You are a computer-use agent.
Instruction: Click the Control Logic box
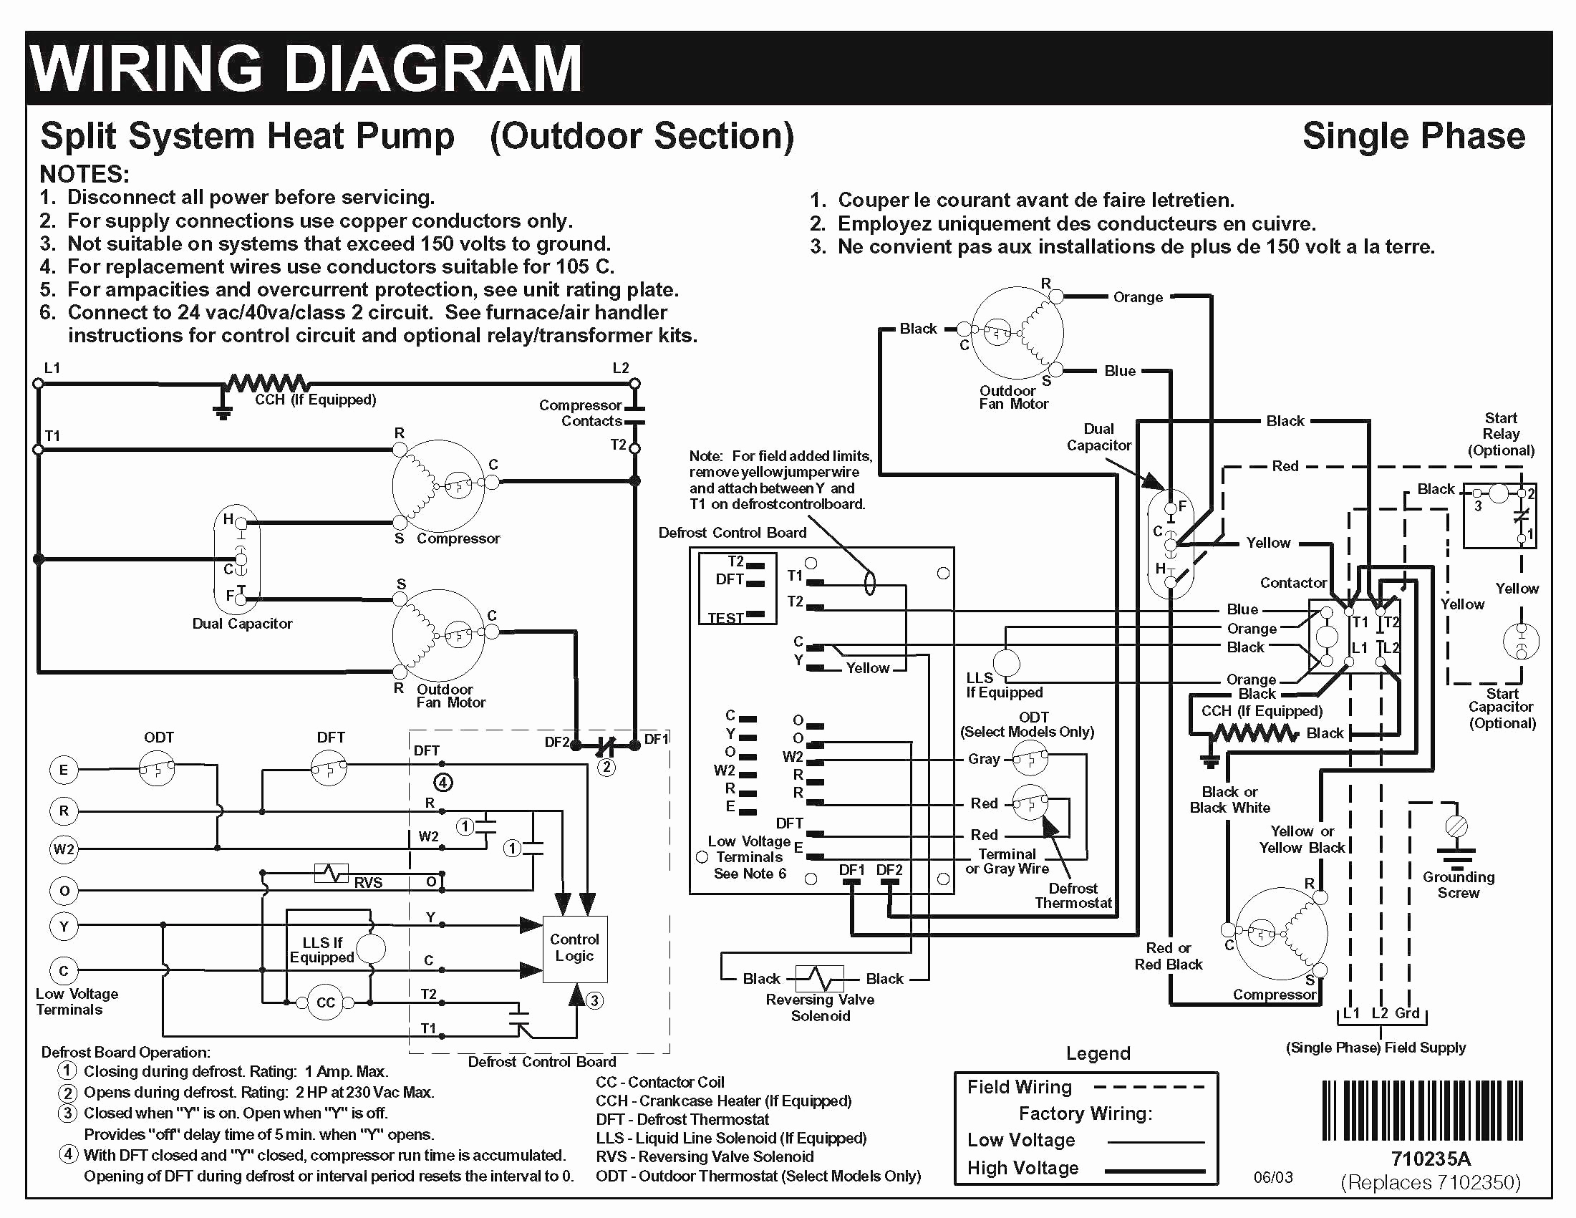point(574,949)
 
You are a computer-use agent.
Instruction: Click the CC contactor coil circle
point(326,1002)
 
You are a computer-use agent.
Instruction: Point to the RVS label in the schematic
point(368,882)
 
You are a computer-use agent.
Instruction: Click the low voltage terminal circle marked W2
point(64,849)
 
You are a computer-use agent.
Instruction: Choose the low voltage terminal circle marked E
point(64,770)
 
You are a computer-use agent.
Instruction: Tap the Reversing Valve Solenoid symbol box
point(820,979)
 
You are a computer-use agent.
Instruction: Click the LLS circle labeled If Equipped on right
point(1007,662)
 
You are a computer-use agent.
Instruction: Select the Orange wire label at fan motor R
point(1138,297)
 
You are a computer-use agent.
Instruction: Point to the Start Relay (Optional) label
point(1501,434)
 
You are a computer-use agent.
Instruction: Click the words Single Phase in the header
point(1413,135)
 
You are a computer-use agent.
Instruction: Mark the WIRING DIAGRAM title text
point(306,69)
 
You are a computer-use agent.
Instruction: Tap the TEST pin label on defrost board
point(725,619)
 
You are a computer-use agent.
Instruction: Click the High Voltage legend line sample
point(1155,1170)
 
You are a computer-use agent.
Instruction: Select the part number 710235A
point(1430,1159)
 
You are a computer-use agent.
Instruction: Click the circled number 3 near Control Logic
point(594,1001)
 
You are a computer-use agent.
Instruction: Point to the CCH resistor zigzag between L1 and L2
point(268,382)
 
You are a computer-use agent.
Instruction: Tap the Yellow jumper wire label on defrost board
point(867,668)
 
